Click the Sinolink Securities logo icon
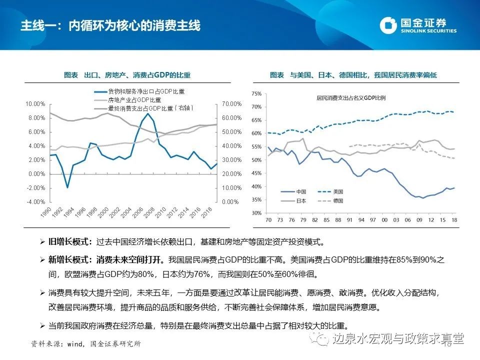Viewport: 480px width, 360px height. click(388, 25)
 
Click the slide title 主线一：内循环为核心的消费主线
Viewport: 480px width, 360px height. click(110, 25)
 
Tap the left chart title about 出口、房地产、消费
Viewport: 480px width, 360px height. click(127, 75)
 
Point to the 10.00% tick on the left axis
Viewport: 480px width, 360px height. click(35, 104)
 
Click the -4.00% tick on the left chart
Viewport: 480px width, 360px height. click(35, 202)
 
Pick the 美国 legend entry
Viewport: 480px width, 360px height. click(338, 191)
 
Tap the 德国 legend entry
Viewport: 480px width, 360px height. click(338, 200)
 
